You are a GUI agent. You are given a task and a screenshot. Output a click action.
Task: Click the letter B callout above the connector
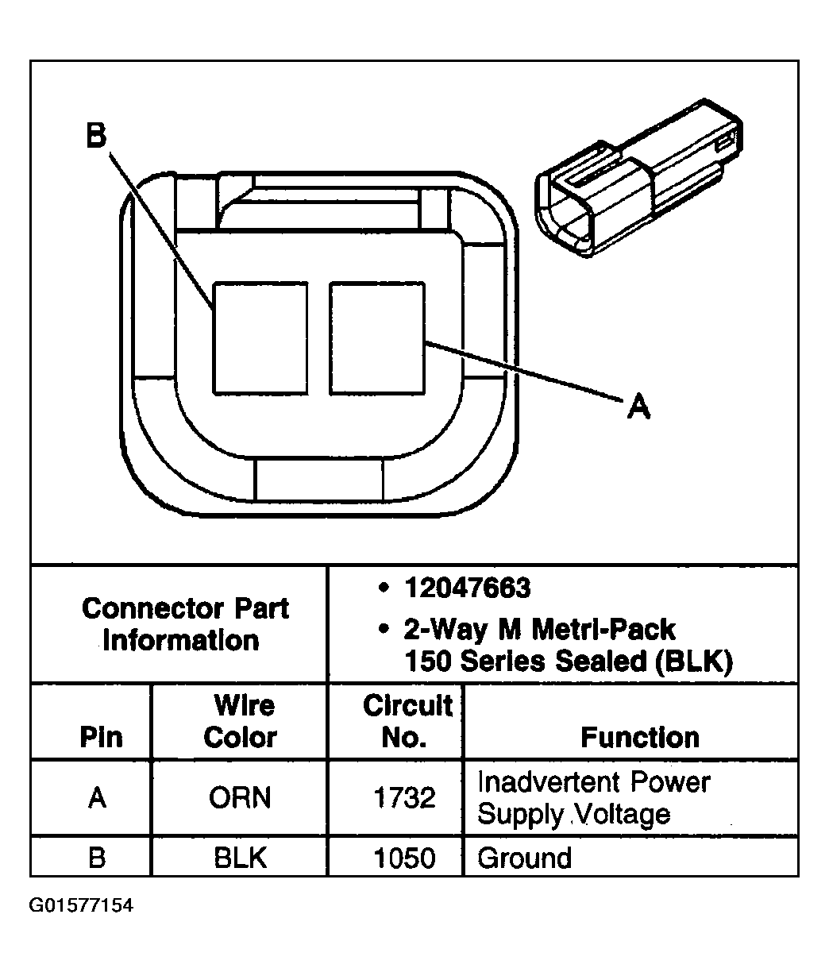pos(95,137)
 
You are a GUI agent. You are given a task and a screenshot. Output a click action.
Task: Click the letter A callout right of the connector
pos(638,407)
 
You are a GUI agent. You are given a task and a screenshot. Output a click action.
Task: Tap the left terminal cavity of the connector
pos(260,337)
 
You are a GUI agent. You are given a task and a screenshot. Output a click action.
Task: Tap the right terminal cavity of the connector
pos(376,337)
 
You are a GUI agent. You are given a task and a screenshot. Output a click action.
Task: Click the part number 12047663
pos(467,588)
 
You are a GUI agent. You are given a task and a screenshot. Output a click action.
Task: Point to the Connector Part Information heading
pos(184,624)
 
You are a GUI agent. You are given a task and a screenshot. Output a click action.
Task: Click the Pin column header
pos(101,737)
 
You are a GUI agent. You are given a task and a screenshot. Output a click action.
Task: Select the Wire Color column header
pos(239,721)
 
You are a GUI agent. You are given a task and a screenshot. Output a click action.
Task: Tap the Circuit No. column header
pos(406,721)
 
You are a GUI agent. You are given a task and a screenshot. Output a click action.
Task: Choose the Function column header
pos(639,737)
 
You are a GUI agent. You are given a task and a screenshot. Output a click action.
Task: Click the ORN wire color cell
pos(239,797)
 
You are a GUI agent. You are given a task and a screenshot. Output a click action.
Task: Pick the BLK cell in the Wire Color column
pos(239,858)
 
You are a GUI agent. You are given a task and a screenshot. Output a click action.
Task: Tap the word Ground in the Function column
pos(524,858)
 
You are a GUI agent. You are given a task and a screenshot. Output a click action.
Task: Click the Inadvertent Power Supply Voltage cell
pos(592,797)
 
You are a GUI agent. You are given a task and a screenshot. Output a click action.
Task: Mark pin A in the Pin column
pos(97,797)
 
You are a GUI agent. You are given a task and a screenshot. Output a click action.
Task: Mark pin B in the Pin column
pos(97,858)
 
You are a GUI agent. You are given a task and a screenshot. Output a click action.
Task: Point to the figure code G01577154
pos(81,906)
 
